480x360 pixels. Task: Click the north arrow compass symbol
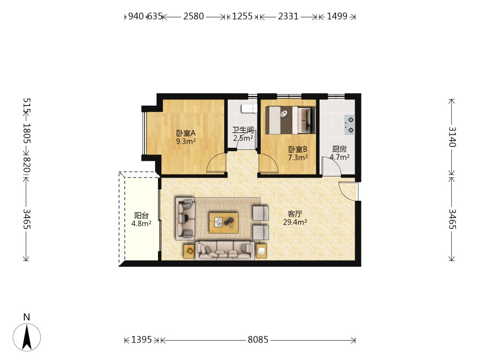[x=26, y=337]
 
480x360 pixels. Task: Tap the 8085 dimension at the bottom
[x=258, y=339]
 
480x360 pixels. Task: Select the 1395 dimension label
[x=142, y=339]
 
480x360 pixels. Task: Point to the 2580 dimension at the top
[x=193, y=16]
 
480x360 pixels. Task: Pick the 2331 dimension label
[x=288, y=16]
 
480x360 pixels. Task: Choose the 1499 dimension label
[x=337, y=16]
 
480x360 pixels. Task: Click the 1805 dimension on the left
[x=27, y=133]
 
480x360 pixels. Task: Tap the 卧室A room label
[x=186, y=133]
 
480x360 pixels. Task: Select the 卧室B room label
[x=298, y=149]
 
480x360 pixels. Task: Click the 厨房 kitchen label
[x=339, y=149]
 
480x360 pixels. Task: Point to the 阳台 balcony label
[x=142, y=216]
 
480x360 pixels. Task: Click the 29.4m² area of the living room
[x=295, y=222]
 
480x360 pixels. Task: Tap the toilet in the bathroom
[x=249, y=108]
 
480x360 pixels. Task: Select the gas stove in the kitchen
[x=349, y=125]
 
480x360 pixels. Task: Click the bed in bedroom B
[x=290, y=120]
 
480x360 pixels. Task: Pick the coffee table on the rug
[x=224, y=223]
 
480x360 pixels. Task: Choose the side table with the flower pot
[x=190, y=252]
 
